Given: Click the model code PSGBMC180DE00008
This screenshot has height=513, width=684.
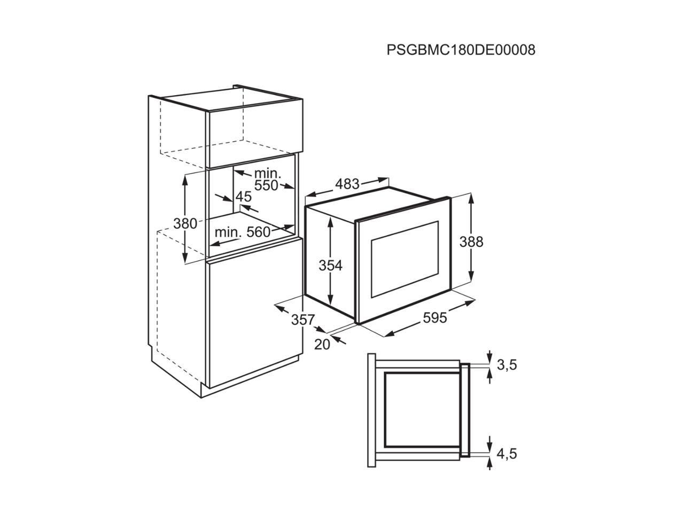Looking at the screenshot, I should tap(461, 50).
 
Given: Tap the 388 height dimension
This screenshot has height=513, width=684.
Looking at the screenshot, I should tap(471, 242).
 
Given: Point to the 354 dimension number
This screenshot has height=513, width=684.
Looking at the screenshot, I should tap(330, 265).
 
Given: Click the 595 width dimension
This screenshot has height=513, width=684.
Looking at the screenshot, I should tap(434, 317).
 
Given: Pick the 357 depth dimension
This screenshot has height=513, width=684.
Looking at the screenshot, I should tap(302, 320).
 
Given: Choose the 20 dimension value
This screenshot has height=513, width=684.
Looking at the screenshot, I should tap(322, 345).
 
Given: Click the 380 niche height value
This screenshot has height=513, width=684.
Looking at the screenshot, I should tap(185, 223).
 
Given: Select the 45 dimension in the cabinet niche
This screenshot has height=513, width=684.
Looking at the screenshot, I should tap(244, 197).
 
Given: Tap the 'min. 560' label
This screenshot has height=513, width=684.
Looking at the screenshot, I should tap(243, 232).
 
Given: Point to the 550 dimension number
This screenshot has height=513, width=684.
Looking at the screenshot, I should tap(266, 185).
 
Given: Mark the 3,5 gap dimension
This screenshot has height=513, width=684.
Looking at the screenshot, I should tap(507, 366).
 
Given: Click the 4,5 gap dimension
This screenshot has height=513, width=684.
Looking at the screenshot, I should tap(507, 454).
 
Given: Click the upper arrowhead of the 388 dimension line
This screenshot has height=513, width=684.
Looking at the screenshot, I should tap(471, 197).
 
